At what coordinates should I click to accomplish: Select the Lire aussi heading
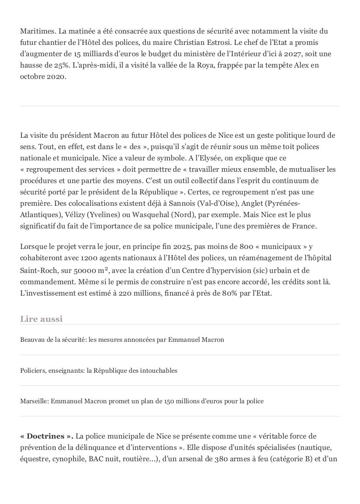(x=41, y=319)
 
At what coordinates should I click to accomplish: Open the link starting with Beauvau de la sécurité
(x=122, y=340)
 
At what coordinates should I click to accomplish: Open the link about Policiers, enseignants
(x=99, y=371)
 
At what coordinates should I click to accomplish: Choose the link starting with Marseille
(x=142, y=401)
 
